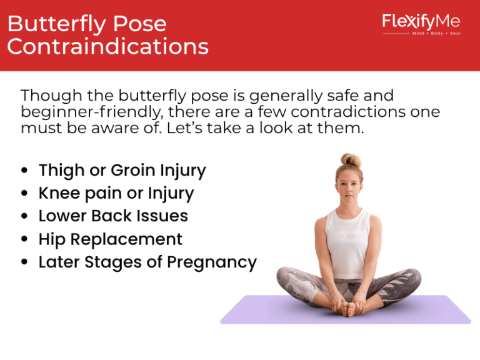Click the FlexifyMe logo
[421, 22]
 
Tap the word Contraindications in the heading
[107, 47]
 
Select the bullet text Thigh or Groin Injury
[122, 170]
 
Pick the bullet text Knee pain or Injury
[116, 193]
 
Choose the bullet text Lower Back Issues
[113, 216]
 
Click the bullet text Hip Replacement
[111, 239]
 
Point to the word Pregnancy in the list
[216, 262]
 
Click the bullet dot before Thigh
[24, 171]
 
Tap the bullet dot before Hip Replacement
[24, 240]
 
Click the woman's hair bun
[351, 161]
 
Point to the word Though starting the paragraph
[47, 96]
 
